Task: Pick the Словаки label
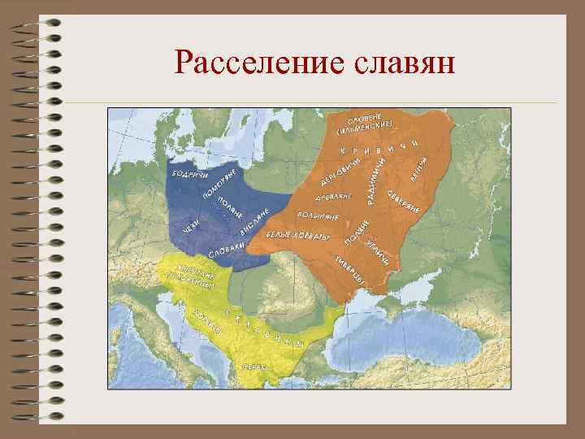pyautogui.click(x=227, y=250)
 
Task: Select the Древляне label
pyautogui.click(x=333, y=197)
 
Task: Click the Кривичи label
pyautogui.click(x=379, y=148)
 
